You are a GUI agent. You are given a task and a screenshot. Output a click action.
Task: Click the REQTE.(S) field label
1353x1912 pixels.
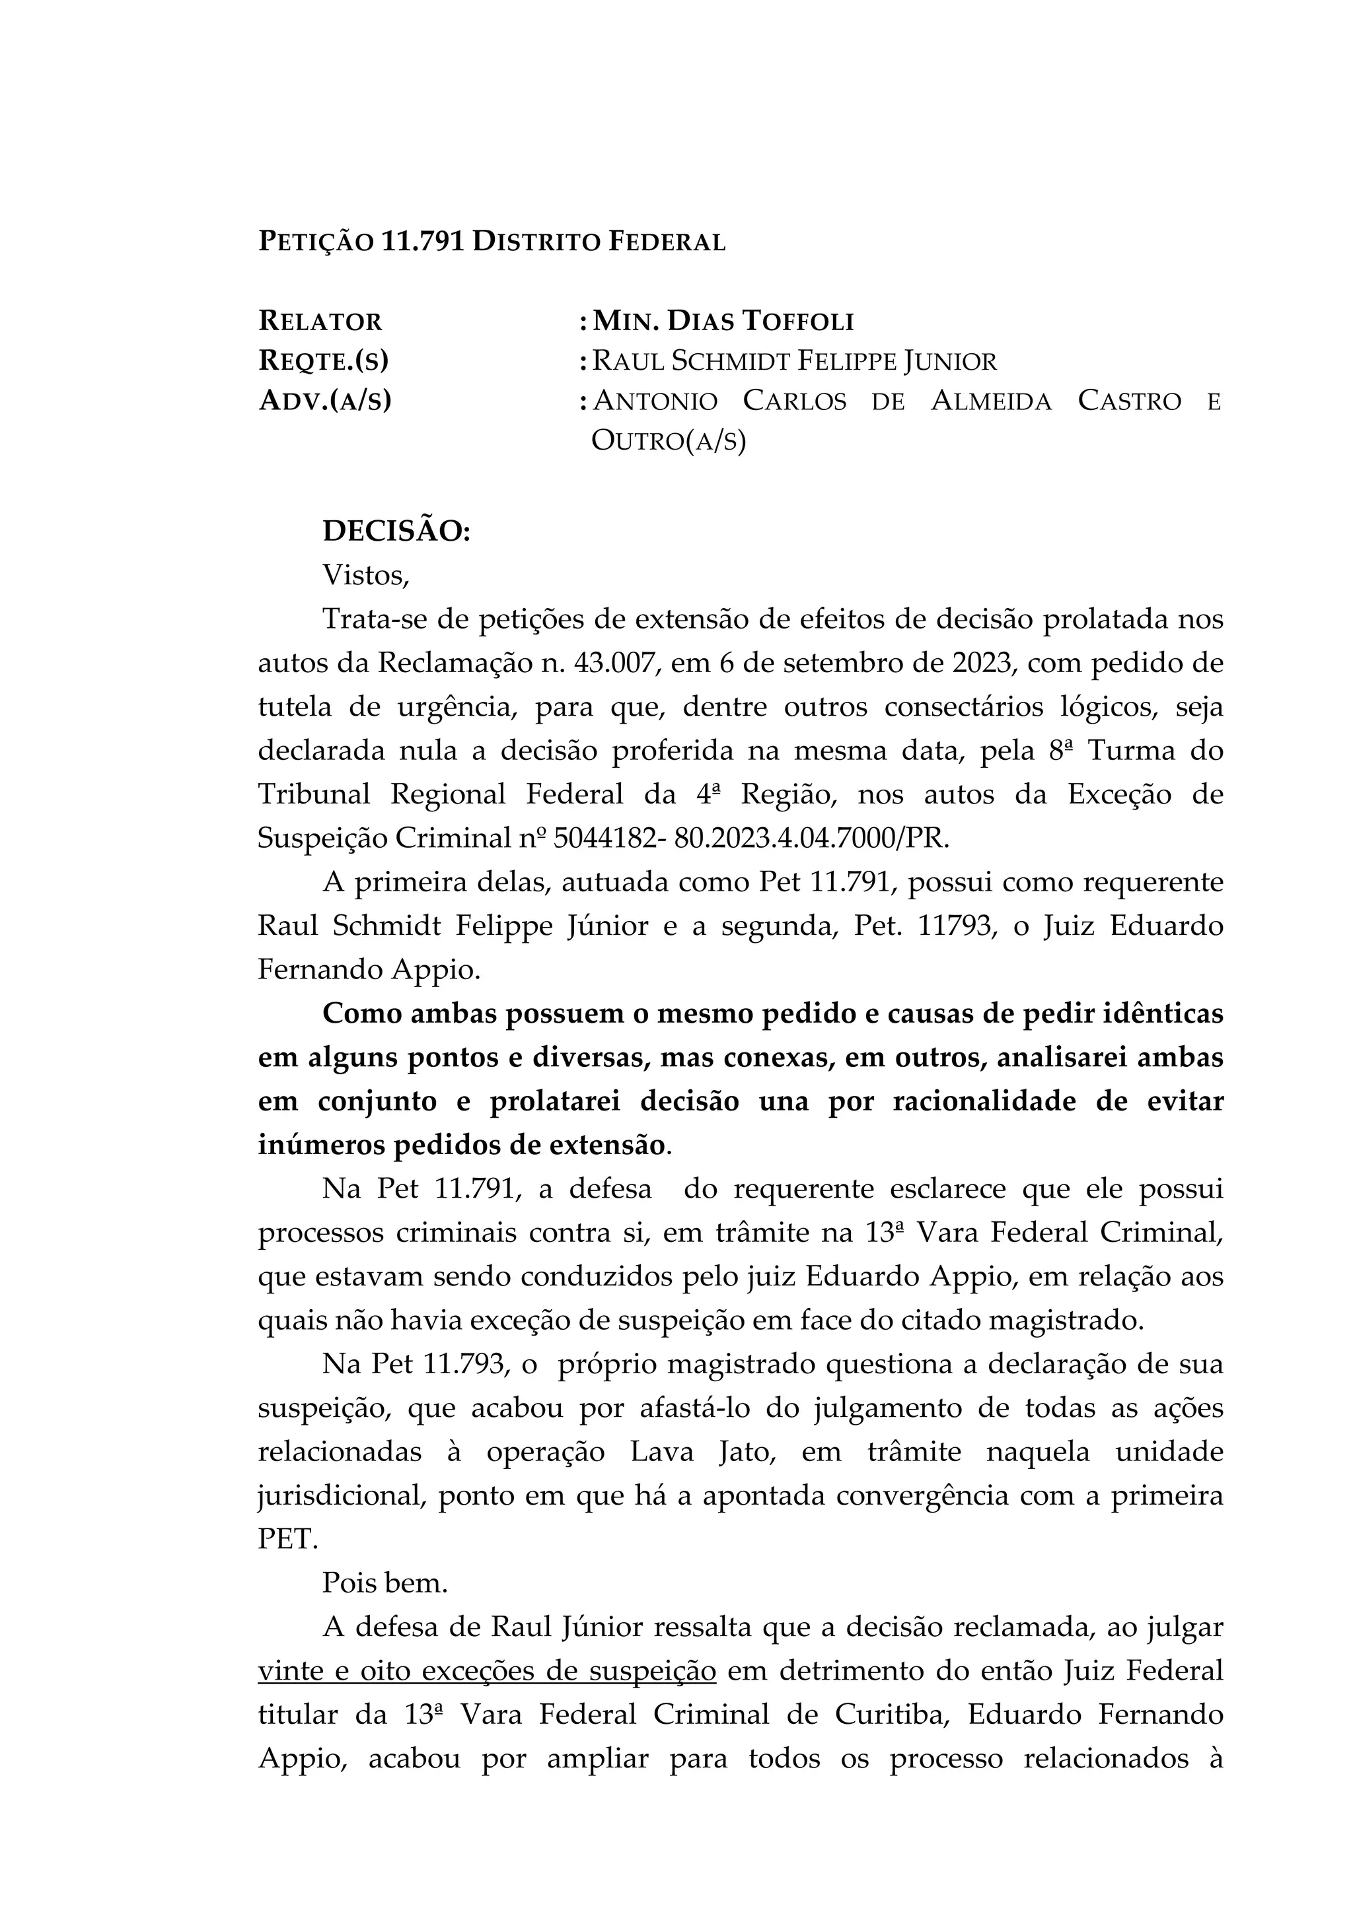[x=323, y=360]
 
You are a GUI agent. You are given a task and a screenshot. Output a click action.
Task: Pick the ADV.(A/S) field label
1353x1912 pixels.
[x=325, y=401]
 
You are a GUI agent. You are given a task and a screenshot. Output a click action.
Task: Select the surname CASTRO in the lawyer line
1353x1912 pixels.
[x=1129, y=401]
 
